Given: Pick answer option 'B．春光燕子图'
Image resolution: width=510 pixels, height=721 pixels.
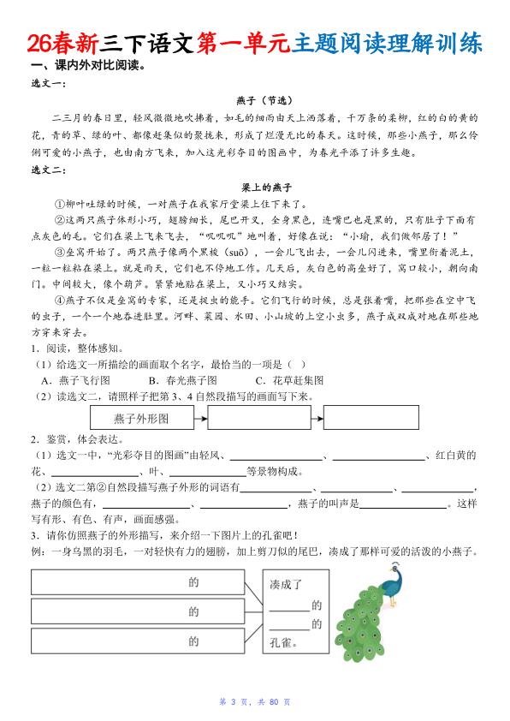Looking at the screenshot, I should (182, 379).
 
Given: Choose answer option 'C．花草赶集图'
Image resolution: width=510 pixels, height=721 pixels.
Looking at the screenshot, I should (289, 379).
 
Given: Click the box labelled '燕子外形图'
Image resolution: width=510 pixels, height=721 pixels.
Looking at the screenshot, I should (140, 419).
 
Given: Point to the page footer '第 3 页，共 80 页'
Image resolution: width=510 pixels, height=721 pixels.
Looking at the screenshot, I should (255, 702).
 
